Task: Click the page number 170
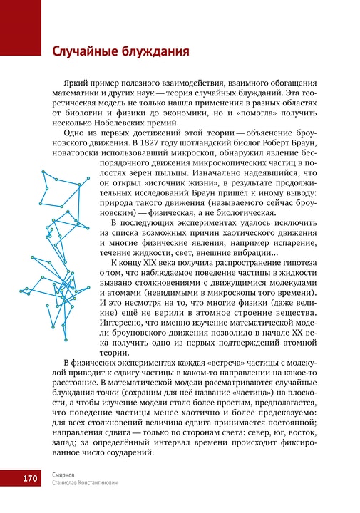tap(30, 478)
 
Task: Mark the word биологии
tap(88, 106)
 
